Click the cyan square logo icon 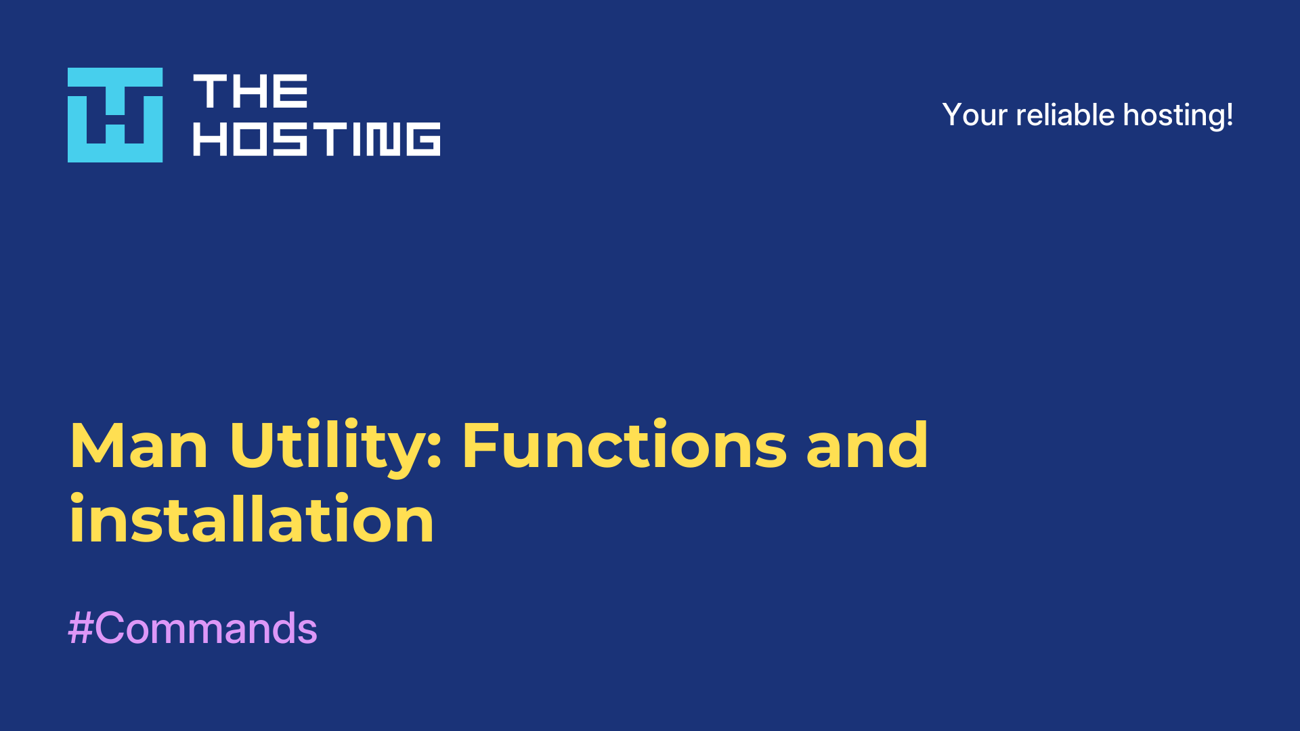click(115, 115)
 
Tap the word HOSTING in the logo click(317, 139)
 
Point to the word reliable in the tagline click(1065, 115)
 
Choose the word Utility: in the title click(336, 447)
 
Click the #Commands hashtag click(193, 628)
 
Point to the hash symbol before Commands click(81, 628)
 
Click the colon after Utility click(435, 451)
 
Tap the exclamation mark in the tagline click(1229, 115)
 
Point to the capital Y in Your click(953, 115)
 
